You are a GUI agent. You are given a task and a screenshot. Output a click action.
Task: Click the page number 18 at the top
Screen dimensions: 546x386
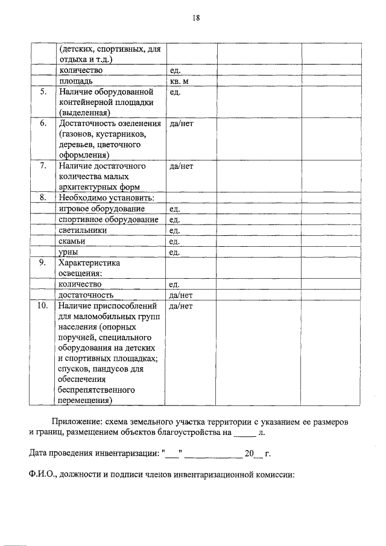196,18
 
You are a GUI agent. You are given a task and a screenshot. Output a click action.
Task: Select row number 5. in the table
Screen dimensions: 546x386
43,92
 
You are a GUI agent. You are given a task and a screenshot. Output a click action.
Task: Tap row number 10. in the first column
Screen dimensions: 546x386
42,306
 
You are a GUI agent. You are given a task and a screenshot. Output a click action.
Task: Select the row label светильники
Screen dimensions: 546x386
83,230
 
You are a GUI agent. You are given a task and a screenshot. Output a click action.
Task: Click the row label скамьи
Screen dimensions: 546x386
72,241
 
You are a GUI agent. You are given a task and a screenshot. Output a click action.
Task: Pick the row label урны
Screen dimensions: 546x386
68,252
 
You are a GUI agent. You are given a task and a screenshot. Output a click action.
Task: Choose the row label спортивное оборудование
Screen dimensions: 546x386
108,220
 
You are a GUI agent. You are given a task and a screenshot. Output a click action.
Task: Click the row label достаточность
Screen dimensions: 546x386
86,296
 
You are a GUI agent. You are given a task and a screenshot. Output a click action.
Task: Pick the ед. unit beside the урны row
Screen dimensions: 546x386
175,252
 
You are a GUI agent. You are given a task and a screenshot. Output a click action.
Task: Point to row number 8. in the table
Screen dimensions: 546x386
43,198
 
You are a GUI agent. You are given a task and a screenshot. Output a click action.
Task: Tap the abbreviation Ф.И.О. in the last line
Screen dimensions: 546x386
43,475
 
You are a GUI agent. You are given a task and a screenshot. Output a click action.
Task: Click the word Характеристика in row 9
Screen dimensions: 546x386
89,263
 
